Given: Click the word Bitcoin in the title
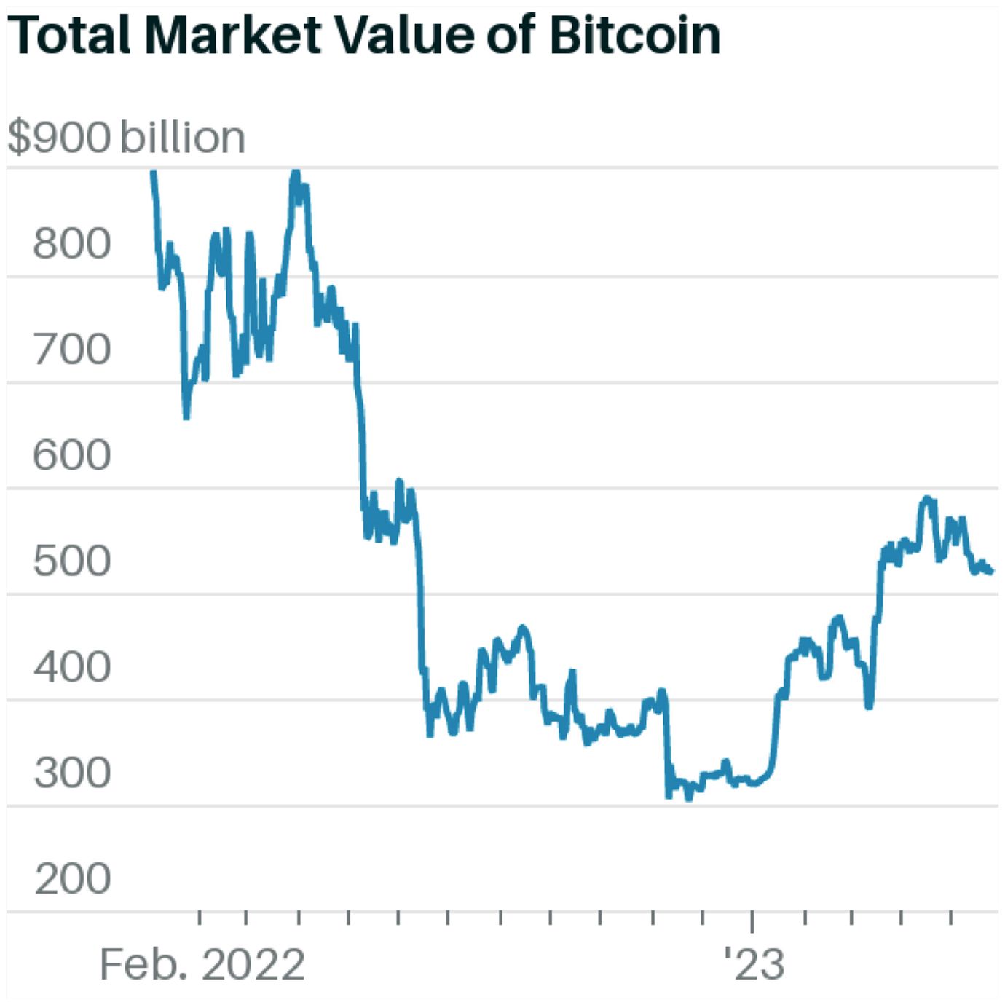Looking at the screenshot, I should tap(634, 34).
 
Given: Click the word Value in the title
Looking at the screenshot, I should tap(404, 34).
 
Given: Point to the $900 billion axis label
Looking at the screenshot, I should tap(126, 138).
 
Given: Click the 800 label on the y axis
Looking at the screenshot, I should tap(71, 243).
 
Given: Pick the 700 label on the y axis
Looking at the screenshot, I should tap(71, 350).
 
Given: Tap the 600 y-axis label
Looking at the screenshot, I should tap(71, 455).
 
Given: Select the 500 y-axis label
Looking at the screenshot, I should tap(71, 561).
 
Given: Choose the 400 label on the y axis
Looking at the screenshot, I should tap(71, 667).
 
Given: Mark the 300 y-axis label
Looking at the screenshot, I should tap(71, 773).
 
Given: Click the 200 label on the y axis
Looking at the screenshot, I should tap(71, 879).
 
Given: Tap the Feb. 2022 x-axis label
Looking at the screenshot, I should tap(202, 965).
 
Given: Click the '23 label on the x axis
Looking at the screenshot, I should tap(754, 965).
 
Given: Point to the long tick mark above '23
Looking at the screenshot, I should tap(752, 921).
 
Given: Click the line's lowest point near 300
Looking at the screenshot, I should tap(689, 797).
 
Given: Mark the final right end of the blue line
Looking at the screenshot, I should tap(992, 572).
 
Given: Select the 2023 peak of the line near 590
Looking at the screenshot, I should tap(927, 499).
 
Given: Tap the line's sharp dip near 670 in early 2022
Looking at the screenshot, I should tap(186, 417).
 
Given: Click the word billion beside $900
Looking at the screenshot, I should tap(182, 138).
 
